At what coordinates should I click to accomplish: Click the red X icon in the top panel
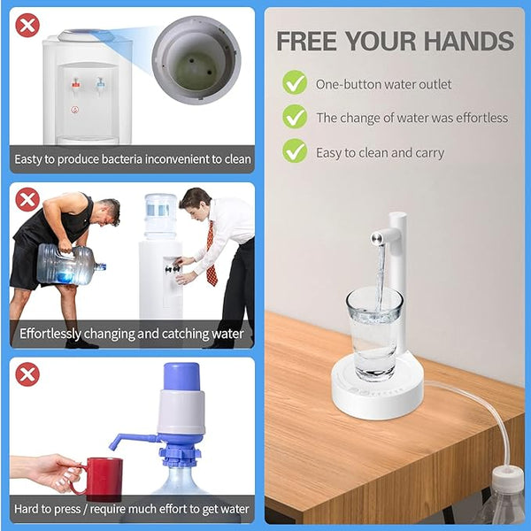point(27,26)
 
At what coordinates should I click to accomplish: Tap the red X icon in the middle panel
point(27,199)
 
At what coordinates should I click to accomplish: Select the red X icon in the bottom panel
point(27,374)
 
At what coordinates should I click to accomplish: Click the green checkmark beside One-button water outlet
point(295,83)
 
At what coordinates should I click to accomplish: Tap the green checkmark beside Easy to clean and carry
point(295,151)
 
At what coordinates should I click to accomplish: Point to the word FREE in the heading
point(311,41)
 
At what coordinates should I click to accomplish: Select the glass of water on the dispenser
point(373,332)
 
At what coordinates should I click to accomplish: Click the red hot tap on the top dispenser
point(75,84)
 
